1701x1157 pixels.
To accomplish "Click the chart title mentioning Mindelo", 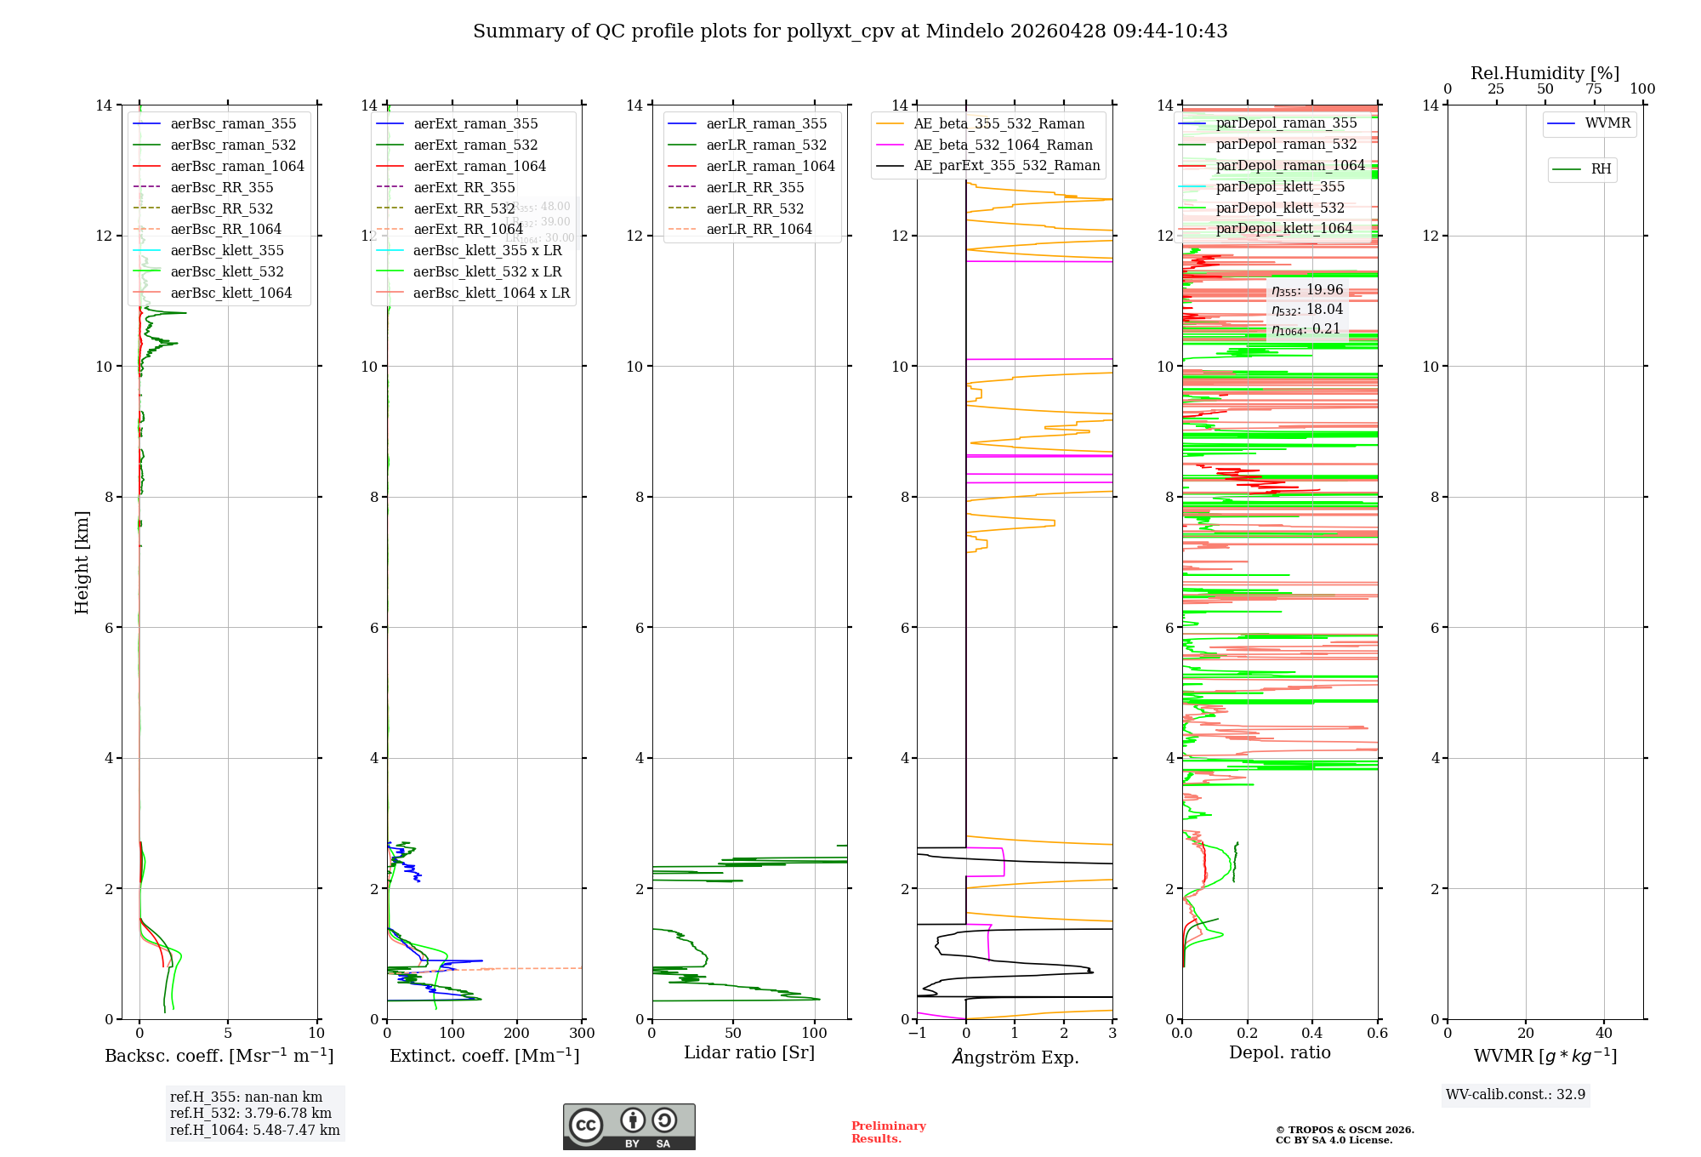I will pos(850,31).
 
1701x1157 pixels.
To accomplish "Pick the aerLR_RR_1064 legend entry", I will pos(759,229).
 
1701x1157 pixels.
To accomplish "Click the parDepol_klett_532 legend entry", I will pos(1280,208).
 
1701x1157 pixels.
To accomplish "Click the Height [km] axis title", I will pos(82,561).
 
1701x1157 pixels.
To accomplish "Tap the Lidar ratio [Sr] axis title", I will pos(748,1052).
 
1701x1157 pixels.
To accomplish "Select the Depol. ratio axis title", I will pos(1279,1052).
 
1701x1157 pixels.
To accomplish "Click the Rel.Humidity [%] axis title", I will pos(1545,73).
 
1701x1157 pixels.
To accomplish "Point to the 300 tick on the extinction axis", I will pos(582,1033).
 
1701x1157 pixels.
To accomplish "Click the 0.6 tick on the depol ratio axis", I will pos(1377,1033).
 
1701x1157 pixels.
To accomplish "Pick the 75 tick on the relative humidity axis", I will pos(1593,89).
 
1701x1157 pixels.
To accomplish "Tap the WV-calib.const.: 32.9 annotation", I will pos(1515,1094).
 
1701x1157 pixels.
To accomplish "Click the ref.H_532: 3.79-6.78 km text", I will pos(250,1113).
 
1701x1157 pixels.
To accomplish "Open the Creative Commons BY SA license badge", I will pos(629,1127).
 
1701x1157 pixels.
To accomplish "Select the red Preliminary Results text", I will pos(888,1132).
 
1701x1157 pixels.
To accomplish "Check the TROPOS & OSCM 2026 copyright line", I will pos(1344,1130).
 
